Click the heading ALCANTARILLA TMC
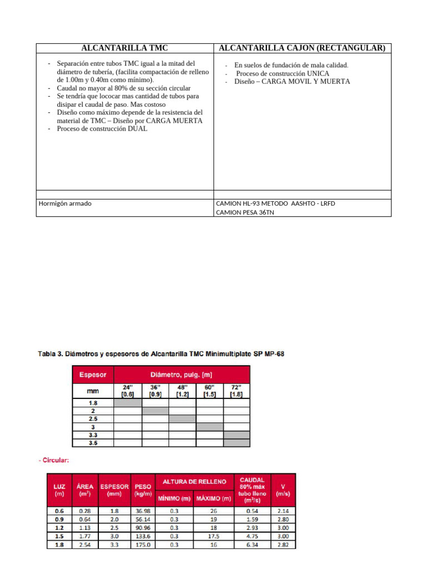point(125,48)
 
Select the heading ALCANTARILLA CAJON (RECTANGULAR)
point(302,48)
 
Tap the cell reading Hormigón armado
point(65,203)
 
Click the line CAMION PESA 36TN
point(245,212)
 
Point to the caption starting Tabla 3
point(161,353)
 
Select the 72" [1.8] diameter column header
point(236,391)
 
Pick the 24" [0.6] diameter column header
point(128,391)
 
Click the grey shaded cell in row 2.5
point(182,418)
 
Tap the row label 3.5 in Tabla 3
point(93,443)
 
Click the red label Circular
point(53,460)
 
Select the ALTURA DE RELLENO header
point(194,481)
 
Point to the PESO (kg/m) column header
point(142,490)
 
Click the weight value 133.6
point(142,537)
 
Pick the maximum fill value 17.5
point(213,537)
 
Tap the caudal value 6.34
point(253,546)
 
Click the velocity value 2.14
point(283,511)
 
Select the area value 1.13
point(85,528)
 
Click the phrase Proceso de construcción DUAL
point(102,128)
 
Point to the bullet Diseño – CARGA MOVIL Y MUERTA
point(292,81)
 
